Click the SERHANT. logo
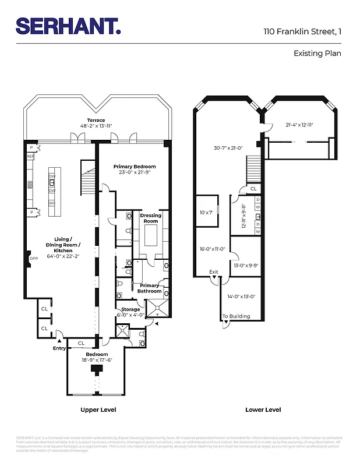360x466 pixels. (x=68, y=26)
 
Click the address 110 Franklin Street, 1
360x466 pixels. (x=302, y=31)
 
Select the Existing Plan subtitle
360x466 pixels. (x=317, y=53)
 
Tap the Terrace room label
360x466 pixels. (x=96, y=121)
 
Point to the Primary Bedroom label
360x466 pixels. (x=135, y=166)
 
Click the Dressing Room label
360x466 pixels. (x=151, y=218)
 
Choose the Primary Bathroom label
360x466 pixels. (x=150, y=288)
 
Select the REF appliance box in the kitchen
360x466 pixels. (x=30, y=157)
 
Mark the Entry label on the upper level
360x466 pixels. (x=59, y=348)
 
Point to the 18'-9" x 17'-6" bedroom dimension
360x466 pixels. (x=97, y=360)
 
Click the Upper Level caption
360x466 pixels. (x=98, y=410)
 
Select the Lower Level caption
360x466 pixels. (x=263, y=410)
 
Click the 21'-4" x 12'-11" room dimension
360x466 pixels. (x=299, y=125)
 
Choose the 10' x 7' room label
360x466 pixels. (x=206, y=213)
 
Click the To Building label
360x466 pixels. (x=236, y=316)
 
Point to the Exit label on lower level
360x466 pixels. (x=214, y=272)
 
